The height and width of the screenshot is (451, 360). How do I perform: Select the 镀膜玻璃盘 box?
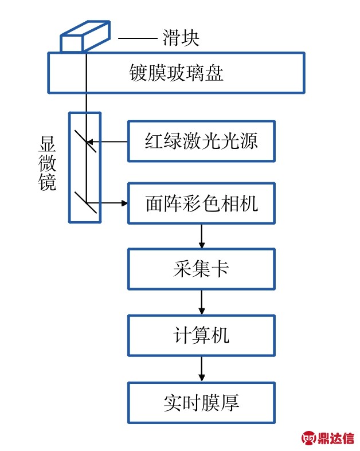[175, 73]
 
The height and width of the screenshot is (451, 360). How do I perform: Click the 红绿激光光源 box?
[201, 141]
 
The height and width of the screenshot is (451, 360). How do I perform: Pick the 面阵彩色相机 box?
[201, 203]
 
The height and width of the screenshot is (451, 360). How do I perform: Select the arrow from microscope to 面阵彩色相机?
[109, 203]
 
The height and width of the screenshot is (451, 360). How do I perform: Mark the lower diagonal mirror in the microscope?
[85, 202]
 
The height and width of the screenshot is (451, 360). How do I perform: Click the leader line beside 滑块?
[137, 39]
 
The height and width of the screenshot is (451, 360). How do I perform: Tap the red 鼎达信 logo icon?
[310, 438]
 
